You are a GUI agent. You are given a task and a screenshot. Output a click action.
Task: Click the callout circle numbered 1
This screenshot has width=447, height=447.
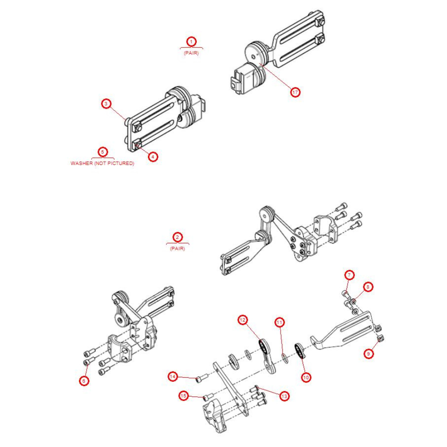tap(191, 42)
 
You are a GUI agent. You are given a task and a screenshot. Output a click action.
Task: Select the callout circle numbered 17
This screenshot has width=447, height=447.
tap(295, 92)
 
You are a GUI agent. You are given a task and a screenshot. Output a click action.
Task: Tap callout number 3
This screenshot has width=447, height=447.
tap(105, 104)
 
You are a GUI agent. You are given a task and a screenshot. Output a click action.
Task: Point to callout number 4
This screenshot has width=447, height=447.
tap(153, 156)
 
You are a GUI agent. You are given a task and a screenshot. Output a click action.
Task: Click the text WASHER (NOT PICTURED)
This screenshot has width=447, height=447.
tap(102, 164)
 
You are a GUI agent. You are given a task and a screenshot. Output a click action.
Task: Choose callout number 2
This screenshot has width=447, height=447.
tap(177, 237)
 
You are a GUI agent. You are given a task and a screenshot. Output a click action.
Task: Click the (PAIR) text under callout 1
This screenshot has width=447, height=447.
tap(191, 53)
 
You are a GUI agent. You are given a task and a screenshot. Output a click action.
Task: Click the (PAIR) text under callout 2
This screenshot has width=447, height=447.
tap(177, 249)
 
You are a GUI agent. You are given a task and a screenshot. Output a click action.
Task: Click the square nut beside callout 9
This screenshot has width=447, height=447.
tap(381, 338)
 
